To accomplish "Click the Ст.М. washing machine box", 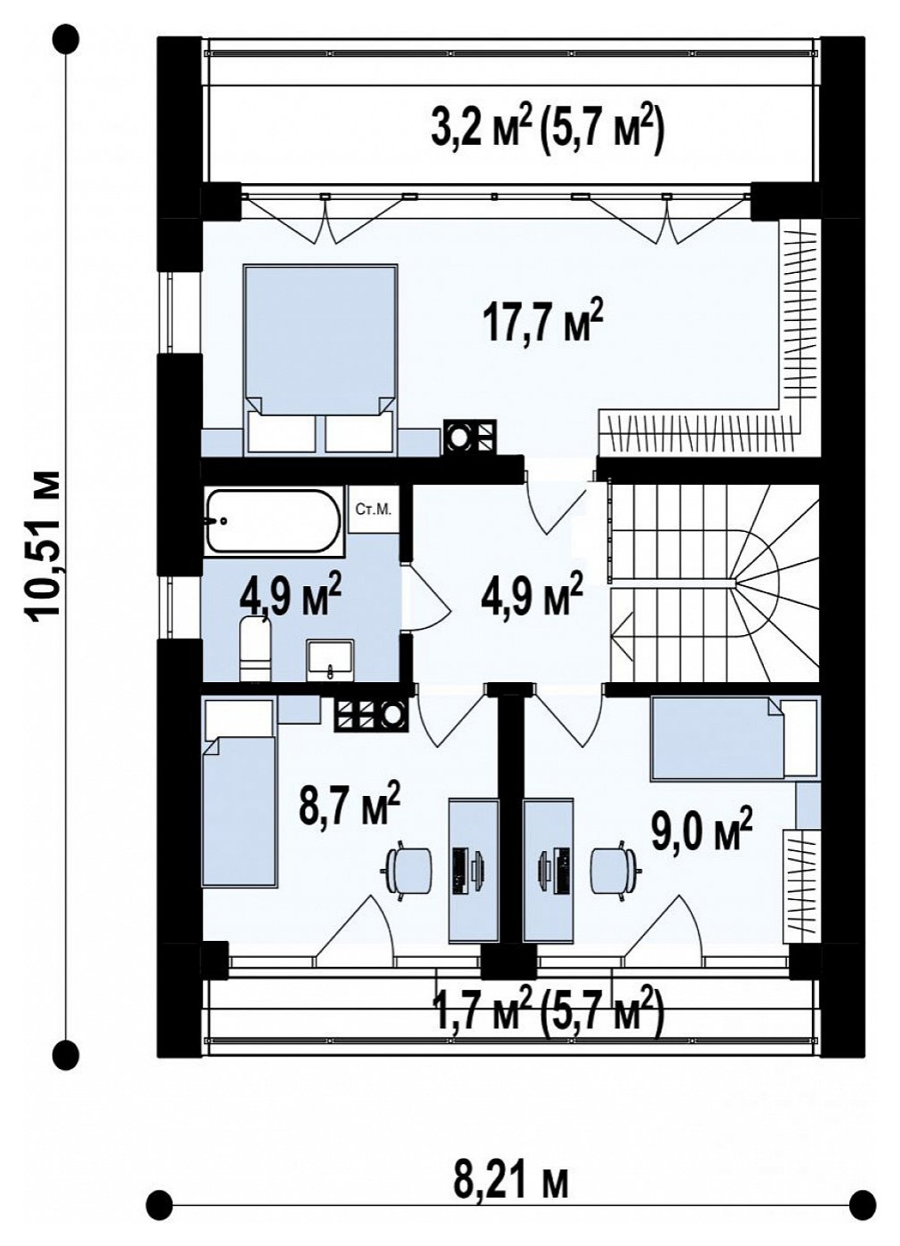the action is point(374,510).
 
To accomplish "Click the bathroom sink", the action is point(331,660).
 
